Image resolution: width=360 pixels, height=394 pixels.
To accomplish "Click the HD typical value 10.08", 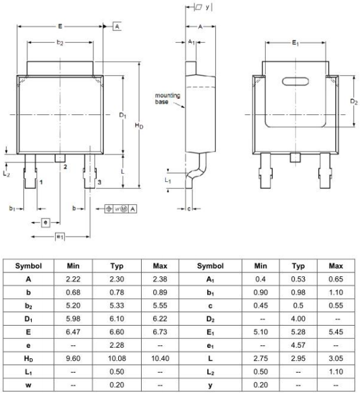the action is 117,358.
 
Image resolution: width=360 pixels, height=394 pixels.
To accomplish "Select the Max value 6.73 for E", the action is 160,332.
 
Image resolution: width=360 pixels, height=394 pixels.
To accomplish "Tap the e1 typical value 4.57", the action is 298,345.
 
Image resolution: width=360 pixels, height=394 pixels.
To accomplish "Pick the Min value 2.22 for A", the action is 73,279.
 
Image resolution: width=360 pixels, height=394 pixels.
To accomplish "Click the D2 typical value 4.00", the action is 298,319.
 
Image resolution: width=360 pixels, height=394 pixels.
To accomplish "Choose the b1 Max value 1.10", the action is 336,292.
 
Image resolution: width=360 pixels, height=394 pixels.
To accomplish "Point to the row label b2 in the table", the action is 29,306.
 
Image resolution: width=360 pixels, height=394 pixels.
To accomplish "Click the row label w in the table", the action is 29,385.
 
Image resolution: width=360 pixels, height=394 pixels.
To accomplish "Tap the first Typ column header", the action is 117,266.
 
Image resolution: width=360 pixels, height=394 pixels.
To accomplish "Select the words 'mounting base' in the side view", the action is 167,99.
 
